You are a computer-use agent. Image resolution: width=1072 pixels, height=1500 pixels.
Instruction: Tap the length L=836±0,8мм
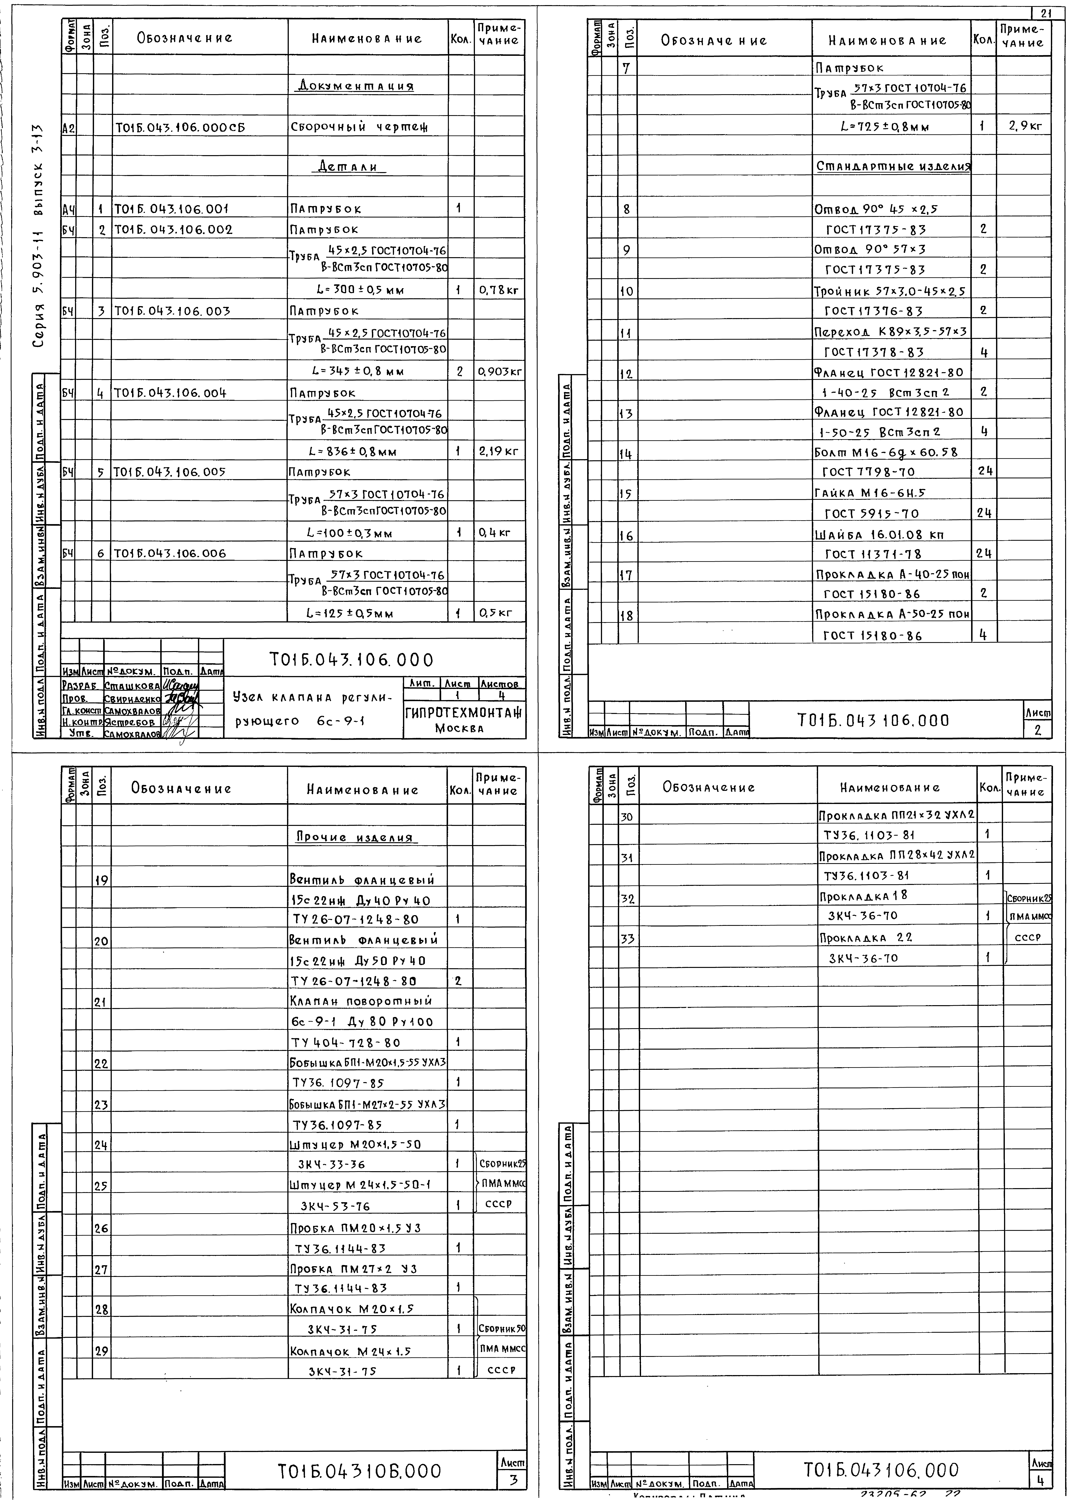point(362,452)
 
